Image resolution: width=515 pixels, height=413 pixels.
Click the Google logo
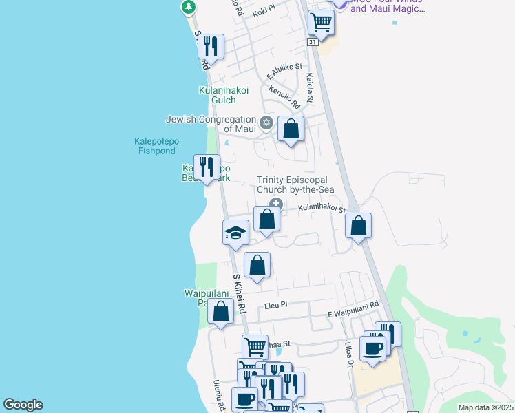coord(23,405)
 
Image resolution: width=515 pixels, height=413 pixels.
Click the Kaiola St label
coord(310,88)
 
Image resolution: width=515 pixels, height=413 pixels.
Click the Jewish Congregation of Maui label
coord(211,124)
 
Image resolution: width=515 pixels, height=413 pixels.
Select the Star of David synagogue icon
coord(266,124)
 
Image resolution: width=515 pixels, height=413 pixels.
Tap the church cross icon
coord(276,203)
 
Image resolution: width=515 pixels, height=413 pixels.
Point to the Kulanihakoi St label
coord(321,207)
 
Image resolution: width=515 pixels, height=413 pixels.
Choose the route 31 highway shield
coord(313,42)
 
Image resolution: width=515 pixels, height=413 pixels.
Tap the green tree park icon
coord(188,7)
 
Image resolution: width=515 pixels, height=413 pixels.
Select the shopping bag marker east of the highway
coord(358,226)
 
